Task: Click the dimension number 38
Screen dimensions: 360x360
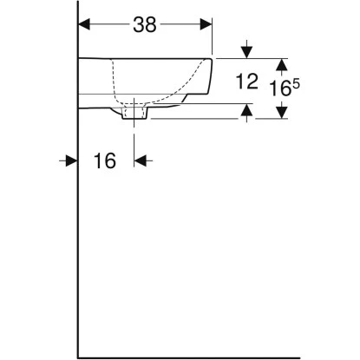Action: (x=145, y=25)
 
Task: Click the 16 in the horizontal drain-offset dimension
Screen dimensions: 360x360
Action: (x=103, y=161)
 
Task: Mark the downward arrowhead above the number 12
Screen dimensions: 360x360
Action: (x=249, y=50)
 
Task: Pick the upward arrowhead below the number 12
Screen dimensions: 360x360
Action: (x=249, y=111)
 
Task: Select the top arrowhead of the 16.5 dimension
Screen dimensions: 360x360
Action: (x=280, y=65)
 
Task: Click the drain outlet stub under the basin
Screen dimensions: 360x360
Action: (x=136, y=114)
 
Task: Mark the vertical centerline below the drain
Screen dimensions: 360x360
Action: (x=136, y=139)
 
